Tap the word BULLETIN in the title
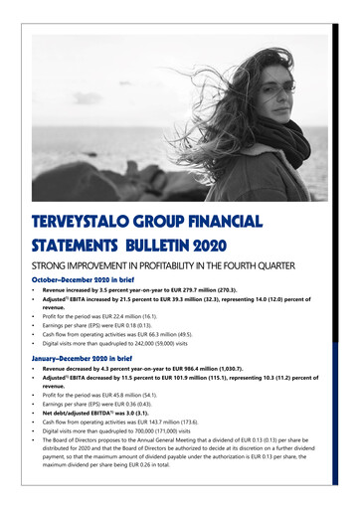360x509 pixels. [x=178, y=244]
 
